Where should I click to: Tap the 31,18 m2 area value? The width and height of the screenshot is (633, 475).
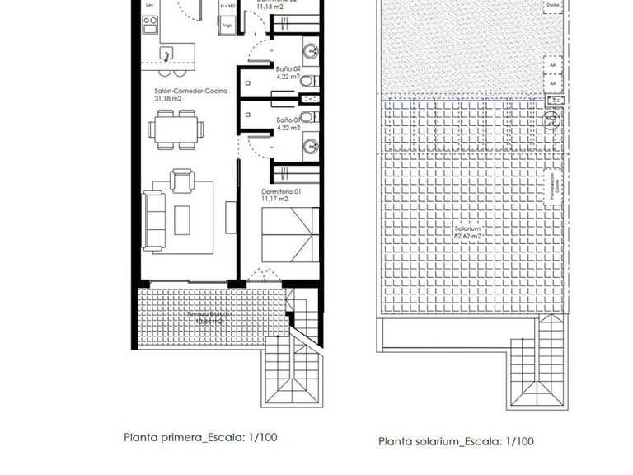[x=167, y=99]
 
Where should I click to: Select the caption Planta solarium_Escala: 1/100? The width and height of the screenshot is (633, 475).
[x=456, y=441]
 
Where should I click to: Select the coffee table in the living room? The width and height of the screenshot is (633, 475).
[x=182, y=219]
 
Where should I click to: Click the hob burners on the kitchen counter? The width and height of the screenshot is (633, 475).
[x=150, y=27]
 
